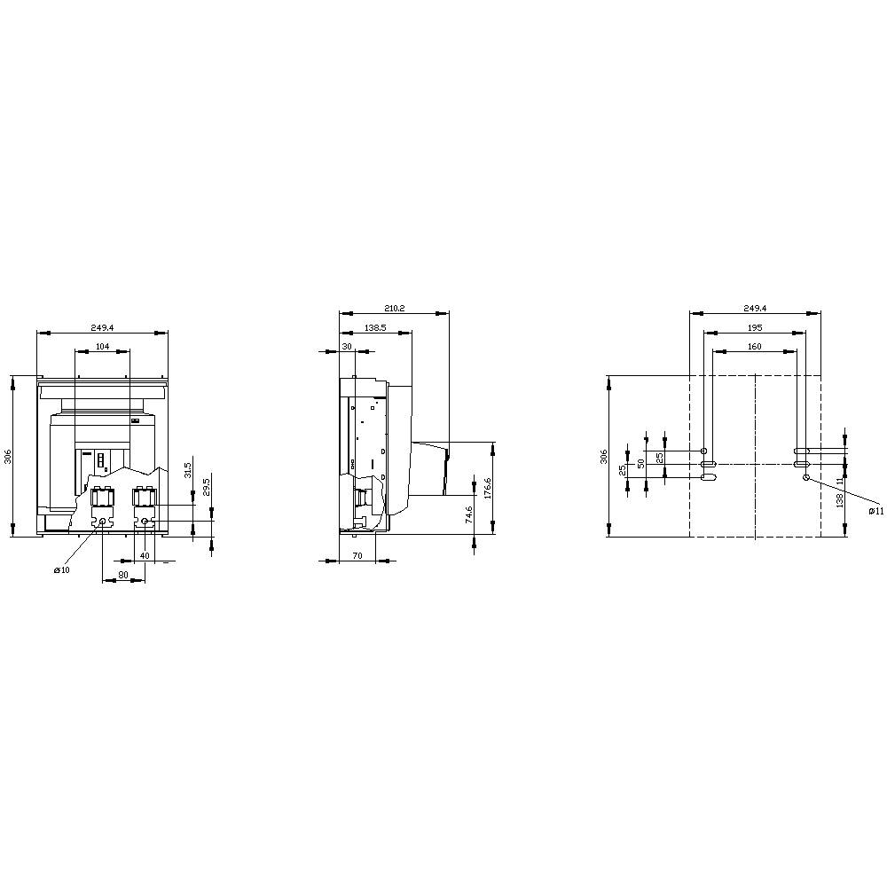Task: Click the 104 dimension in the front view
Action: tap(102, 347)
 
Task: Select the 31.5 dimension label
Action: tap(187, 469)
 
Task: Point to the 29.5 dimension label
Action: tap(206, 487)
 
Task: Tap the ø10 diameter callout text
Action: tap(61, 570)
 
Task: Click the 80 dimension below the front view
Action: tap(123, 575)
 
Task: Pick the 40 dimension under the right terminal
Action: tap(145, 556)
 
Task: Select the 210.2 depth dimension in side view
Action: tap(395, 308)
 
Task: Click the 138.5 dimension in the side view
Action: tap(375, 328)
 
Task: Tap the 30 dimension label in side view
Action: tap(347, 347)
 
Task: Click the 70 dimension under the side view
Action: tap(357, 556)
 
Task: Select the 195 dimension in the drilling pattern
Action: tap(754, 328)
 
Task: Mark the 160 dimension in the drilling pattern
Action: tap(754, 347)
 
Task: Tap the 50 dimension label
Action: tap(640, 463)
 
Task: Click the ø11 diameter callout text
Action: tap(875, 511)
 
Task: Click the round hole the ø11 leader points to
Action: tap(805, 477)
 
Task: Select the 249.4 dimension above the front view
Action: tap(102, 327)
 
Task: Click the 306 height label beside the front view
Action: tap(8, 456)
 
